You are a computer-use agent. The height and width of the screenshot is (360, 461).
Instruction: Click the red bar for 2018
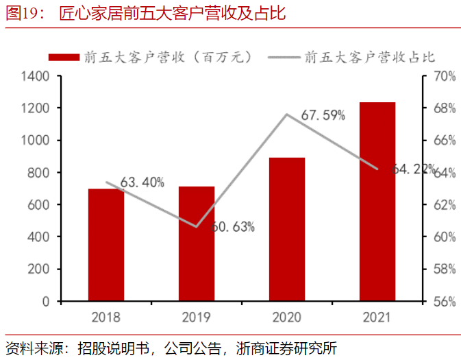tap(106, 245)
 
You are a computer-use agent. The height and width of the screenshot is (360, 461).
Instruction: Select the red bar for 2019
tap(197, 243)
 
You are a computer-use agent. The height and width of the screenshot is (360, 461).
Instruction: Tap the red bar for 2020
tap(286, 229)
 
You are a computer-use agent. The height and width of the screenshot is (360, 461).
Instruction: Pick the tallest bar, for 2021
tap(377, 202)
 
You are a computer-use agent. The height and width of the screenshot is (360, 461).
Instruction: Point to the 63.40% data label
tap(142, 182)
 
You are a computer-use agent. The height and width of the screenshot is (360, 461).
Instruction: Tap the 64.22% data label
tap(414, 169)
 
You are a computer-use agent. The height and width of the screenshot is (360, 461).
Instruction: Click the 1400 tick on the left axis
tap(35, 76)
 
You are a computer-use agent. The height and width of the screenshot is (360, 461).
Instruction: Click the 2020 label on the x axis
tap(286, 317)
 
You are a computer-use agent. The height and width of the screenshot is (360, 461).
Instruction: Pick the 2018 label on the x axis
tap(106, 317)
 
